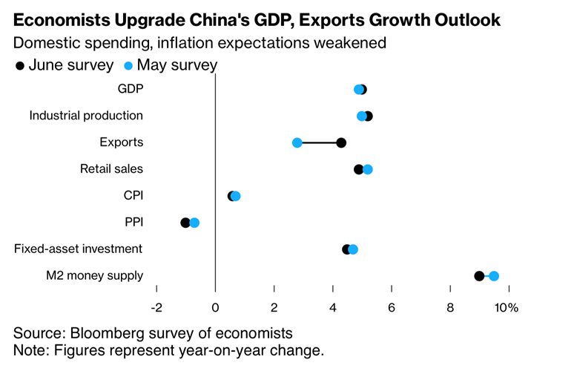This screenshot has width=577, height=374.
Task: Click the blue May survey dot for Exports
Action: (x=297, y=142)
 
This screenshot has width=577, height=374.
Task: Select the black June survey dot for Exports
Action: (x=341, y=142)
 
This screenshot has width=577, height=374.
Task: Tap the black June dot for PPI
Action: (x=185, y=223)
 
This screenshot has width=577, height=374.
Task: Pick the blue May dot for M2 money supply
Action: (x=494, y=276)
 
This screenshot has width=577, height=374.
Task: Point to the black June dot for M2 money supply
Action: (x=479, y=276)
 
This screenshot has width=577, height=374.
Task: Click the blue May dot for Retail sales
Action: (x=368, y=169)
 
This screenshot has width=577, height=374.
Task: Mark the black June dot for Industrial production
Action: (x=369, y=116)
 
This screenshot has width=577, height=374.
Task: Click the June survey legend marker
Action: (x=20, y=65)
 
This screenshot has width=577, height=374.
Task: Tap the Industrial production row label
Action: (x=86, y=116)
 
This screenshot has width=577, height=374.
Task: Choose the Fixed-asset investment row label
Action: (x=79, y=249)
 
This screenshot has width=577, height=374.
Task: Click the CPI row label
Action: (x=133, y=196)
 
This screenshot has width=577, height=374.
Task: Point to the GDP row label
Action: (x=131, y=89)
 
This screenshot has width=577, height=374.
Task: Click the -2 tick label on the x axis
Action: (x=156, y=307)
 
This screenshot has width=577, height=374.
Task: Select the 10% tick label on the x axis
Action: (x=507, y=307)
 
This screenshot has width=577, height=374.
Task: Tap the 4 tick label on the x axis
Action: (x=333, y=307)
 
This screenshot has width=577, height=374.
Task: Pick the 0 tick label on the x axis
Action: (x=215, y=307)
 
